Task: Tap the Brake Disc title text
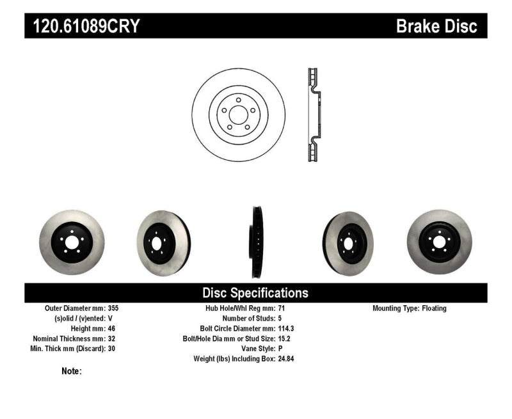coord(436,26)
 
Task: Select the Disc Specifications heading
coord(255,293)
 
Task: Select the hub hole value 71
coord(282,308)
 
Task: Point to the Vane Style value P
coord(280,349)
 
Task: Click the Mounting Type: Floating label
coord(410,308)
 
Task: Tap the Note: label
coord(72,371)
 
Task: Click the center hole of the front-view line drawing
coord(238,115)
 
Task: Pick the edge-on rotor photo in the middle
coord(257,242)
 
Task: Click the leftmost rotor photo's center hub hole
coord(71,242)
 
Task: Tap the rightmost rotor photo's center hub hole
coord(440,242)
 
